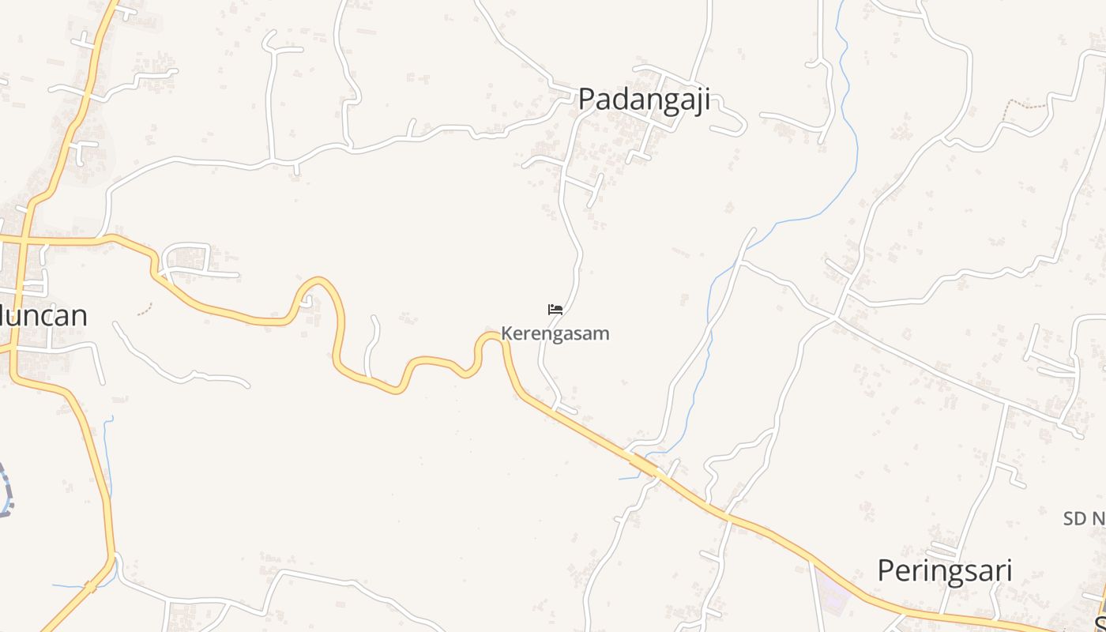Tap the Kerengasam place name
(x=555, y=333)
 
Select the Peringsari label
(x=945, y=570)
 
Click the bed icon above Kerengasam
(x=555, y=309)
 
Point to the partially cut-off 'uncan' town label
(x=43, y=316)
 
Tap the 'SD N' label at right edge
(x=1084, y=519)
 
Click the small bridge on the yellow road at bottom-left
(x=91, y=587)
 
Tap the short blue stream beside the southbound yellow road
(x=108, y=450)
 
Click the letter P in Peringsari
(x=887, y=570)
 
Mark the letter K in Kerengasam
(x=507, y=333)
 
